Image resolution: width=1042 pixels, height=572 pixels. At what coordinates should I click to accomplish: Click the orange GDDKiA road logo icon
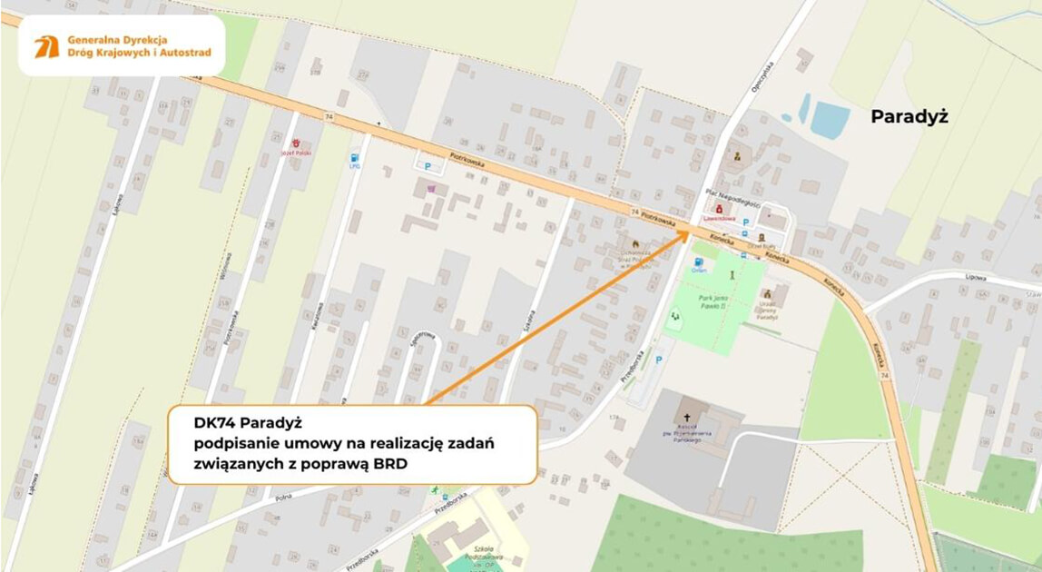[x=46, y=46]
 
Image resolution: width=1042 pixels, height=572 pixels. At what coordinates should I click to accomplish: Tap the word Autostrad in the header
[x=181, y=53]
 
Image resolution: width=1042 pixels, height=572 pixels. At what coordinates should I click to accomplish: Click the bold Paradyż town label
[x=909, y=116]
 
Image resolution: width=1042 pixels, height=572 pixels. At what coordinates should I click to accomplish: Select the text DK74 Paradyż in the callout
[x=248, y=422]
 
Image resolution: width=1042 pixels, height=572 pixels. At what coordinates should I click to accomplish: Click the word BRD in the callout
[x=388, y=463]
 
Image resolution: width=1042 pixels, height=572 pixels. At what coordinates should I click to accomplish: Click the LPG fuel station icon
[x=354, y=159]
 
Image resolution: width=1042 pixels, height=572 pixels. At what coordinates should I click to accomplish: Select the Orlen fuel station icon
[x=698, y=262]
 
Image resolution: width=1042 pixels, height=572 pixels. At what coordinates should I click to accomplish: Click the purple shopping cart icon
[x=430, y=189]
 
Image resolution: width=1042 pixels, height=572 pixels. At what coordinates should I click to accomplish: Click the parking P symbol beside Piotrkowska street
[x=428, y=165]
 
